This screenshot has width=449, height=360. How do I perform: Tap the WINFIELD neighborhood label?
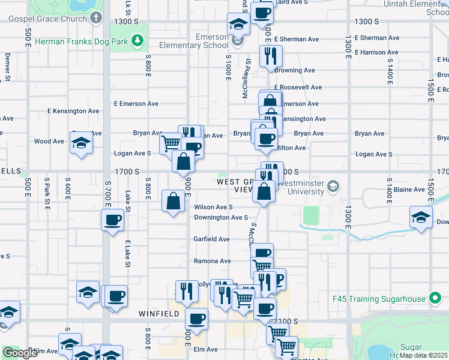[159, 313]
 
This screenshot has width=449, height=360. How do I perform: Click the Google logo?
[20, 353]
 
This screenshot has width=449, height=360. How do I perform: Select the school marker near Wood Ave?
[80, 143]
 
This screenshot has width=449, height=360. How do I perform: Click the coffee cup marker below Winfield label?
[197, 319]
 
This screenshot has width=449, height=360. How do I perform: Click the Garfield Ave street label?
[211, 239]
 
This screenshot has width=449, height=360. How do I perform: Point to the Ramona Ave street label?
[212, 261]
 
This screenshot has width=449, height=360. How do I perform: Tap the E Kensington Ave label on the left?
[73, 111]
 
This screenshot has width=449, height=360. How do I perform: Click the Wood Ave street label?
[49, 142]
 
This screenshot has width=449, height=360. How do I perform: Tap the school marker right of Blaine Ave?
[421, 217]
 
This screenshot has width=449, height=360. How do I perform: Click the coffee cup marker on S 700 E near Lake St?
[113, 220]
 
